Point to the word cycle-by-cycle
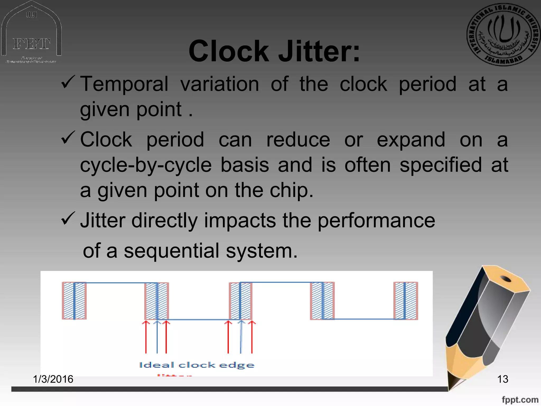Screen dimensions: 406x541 [x=146, y=165]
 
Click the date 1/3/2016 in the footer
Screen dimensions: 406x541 [x=53, y=379]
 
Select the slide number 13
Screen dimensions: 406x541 [x=502, y=379]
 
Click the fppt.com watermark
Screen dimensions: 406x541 [x=520, y=400]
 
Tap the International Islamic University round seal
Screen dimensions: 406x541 [x=503, y=34]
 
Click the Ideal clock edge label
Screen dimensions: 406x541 [x=197, y=365]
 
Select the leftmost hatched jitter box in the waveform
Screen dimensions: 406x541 [x=74, y=301]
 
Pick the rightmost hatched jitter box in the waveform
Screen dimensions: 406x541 [x=405, y=301]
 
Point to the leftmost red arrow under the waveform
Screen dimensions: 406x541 [x=146, y=337]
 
